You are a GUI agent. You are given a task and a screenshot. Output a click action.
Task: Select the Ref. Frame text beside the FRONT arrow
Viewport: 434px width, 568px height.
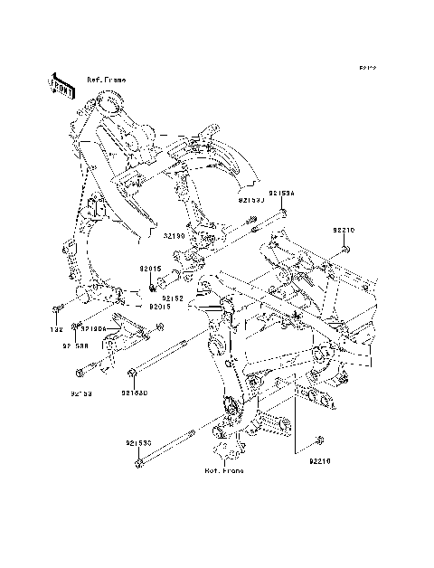pos(107,80)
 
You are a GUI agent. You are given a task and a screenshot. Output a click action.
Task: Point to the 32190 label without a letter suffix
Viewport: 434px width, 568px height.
pos(175,236)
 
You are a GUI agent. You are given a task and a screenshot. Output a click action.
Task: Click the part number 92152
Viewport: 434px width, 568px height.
pos(174,297)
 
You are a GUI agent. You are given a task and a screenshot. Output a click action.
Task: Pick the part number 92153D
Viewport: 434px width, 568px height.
pos(135,393)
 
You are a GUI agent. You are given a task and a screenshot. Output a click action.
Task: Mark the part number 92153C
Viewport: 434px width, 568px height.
pos(138,443)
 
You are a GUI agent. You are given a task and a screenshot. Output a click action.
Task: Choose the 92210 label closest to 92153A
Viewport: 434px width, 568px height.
pos(344,231)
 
